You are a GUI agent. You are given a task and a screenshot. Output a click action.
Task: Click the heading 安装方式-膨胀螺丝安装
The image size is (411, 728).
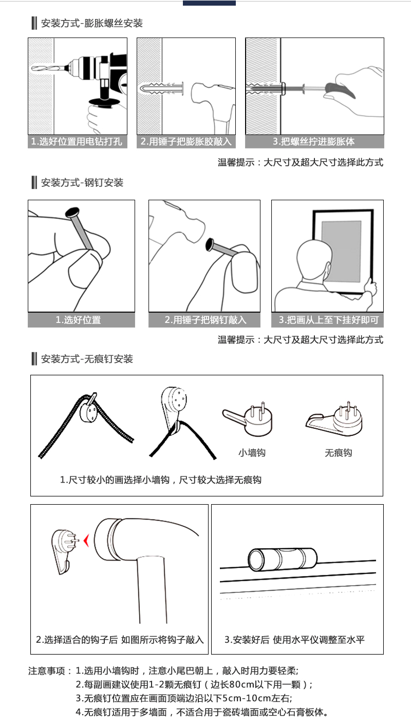click(x=91, y=24)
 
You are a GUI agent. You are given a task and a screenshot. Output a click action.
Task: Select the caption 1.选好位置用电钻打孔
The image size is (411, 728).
click(x=77, y=142)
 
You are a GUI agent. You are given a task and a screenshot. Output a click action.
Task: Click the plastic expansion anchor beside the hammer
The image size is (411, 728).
click(x=162, y=88)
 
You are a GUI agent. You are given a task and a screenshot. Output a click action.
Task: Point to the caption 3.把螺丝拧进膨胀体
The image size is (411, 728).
click(x=314, y=142)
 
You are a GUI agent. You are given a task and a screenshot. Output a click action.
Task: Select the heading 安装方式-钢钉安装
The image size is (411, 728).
click(x=82, y=183)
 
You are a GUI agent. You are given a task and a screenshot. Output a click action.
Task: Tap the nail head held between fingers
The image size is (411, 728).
click(x=72, y=212)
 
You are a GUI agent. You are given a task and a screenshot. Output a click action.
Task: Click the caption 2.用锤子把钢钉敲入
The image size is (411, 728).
click(x=205, y=320)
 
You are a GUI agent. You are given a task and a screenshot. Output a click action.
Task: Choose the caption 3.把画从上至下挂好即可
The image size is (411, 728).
click(x=328, y=320)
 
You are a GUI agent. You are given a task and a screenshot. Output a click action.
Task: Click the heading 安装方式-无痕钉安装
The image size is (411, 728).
click(x=87, y=359)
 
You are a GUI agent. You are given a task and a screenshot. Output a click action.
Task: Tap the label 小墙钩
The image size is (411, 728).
click(x=252, y=453)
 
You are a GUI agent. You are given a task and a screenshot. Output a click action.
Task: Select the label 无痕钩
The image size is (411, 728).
click(x=339, y=453)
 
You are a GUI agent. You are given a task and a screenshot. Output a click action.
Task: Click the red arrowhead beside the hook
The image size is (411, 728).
click(x=86, y=541)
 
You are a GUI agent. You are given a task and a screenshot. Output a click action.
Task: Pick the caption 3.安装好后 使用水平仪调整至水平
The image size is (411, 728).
click(x=294, y=640)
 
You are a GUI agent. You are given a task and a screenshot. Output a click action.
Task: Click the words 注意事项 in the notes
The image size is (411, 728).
click(x=47, y=671)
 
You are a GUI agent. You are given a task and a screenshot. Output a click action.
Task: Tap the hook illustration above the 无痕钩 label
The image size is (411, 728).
click(x=334, y=419)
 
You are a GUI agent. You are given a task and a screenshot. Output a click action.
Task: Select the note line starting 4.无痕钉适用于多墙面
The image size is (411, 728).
click(x=201, y=712)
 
